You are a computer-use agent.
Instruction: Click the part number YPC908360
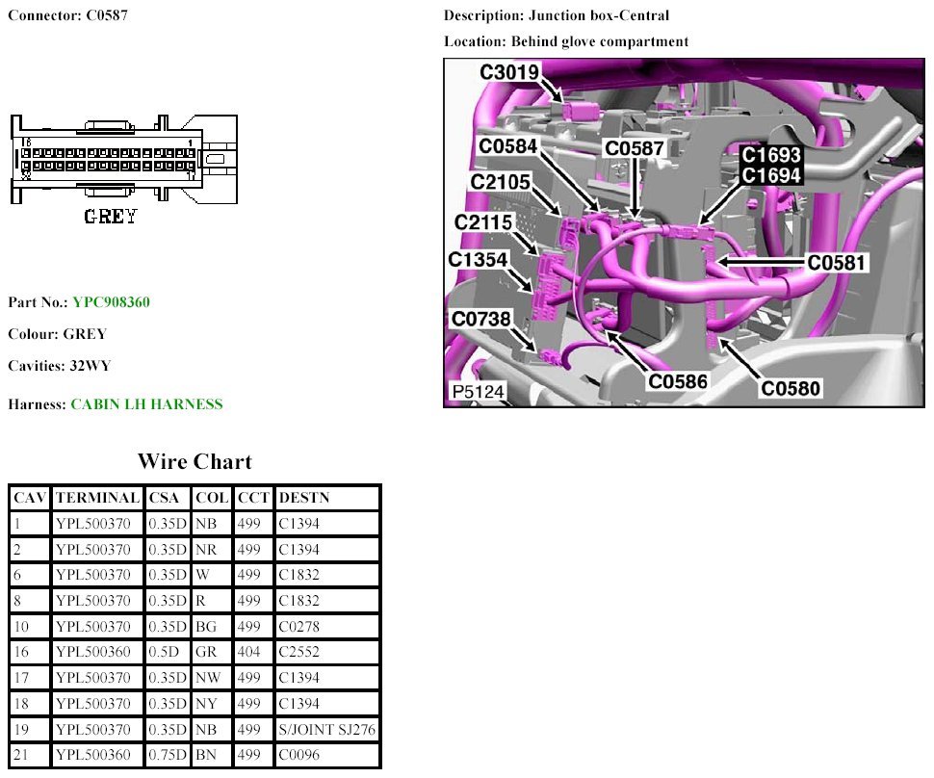tap(111, 302)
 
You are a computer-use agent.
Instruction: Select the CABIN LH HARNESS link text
tap(146, 404)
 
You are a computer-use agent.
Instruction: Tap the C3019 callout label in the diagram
tap(509, 72)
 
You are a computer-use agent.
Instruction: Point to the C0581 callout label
tap(837, 261)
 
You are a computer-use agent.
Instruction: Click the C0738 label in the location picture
tap(480, 319)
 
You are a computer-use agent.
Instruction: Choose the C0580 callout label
tap(791, 388)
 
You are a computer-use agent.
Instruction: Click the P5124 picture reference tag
tap(479, 393)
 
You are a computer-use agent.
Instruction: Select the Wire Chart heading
tap(195, 461)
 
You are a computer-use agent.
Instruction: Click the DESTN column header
tap(303, 498)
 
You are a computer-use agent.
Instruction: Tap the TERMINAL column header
tap(97, 498)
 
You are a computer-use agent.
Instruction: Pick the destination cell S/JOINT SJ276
tap(326, 730)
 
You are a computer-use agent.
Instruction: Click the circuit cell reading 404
tap(248, 652)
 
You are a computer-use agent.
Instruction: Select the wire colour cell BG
tap(206, 627)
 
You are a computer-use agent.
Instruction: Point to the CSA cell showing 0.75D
tap(167, 755)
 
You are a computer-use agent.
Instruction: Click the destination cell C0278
tap(298, 627)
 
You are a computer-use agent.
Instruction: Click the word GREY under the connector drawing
tap(111, 217)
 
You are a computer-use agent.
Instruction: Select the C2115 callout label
tap(484, 222)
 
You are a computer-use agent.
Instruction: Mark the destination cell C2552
tap(298, 652)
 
